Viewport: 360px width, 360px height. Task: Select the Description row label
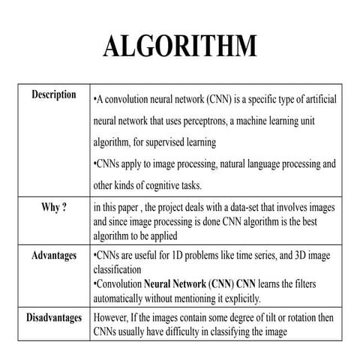pos(53,95)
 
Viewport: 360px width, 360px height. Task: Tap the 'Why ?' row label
pos(53,207)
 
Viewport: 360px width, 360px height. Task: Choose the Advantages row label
pos(53,256)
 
